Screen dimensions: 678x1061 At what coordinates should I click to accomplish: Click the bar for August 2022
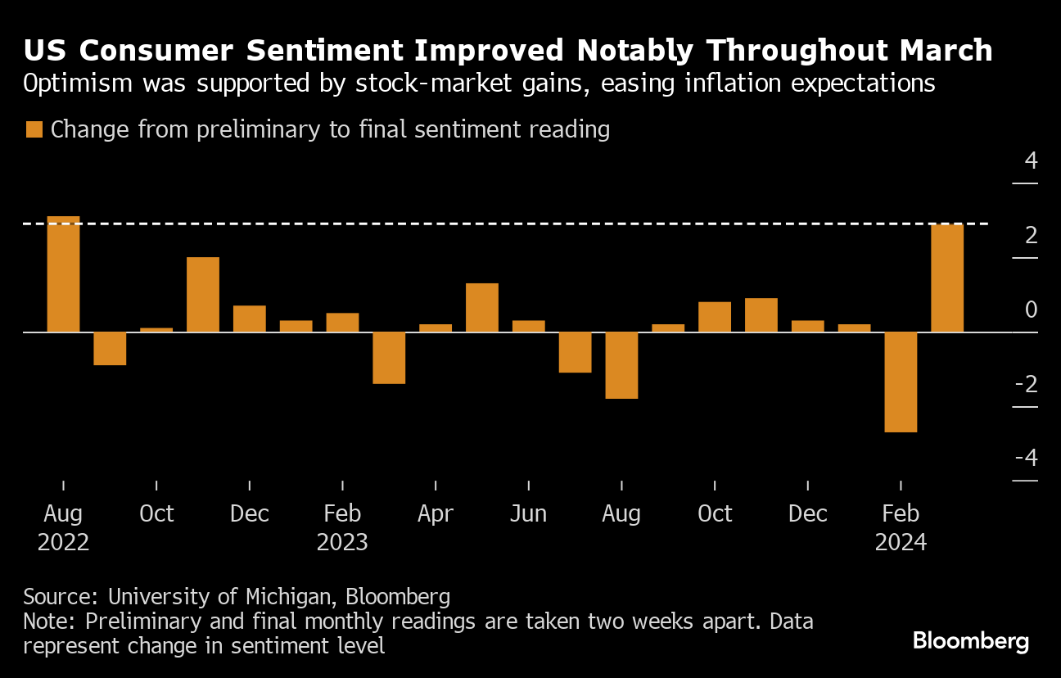coord(63,274)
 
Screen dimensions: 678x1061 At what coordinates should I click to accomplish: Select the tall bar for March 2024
coord(947,278)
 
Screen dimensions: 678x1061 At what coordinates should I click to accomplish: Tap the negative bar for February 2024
coord(901,382)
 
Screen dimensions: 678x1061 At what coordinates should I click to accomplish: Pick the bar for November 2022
coord(203,295)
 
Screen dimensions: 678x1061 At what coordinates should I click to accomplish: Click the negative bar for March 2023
coord(389,358)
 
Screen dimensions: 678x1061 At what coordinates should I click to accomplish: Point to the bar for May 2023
coord(482,307)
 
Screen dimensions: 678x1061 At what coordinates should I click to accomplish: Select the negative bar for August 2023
coord(621,365)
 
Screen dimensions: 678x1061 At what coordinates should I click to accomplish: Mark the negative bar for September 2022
coord(110,348)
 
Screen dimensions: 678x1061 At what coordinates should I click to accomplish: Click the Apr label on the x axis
coord(436,514)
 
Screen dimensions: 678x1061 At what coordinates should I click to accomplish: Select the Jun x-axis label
coord(528,514)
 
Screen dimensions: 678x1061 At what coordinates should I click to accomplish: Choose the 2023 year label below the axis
coord(342,542)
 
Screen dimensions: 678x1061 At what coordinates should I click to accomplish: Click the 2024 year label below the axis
coord(901,542)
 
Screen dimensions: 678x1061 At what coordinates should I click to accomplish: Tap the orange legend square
coord(34,129)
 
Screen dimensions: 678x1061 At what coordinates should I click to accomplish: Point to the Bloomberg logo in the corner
coord(971,641)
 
